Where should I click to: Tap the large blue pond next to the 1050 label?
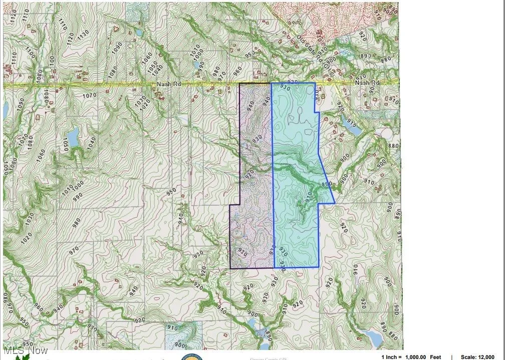(73, 135)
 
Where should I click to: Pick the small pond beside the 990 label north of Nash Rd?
(196, 65)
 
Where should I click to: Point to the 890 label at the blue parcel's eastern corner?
(326, 185)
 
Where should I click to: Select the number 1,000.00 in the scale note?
(417, 357)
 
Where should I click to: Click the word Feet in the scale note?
(435, 357)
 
